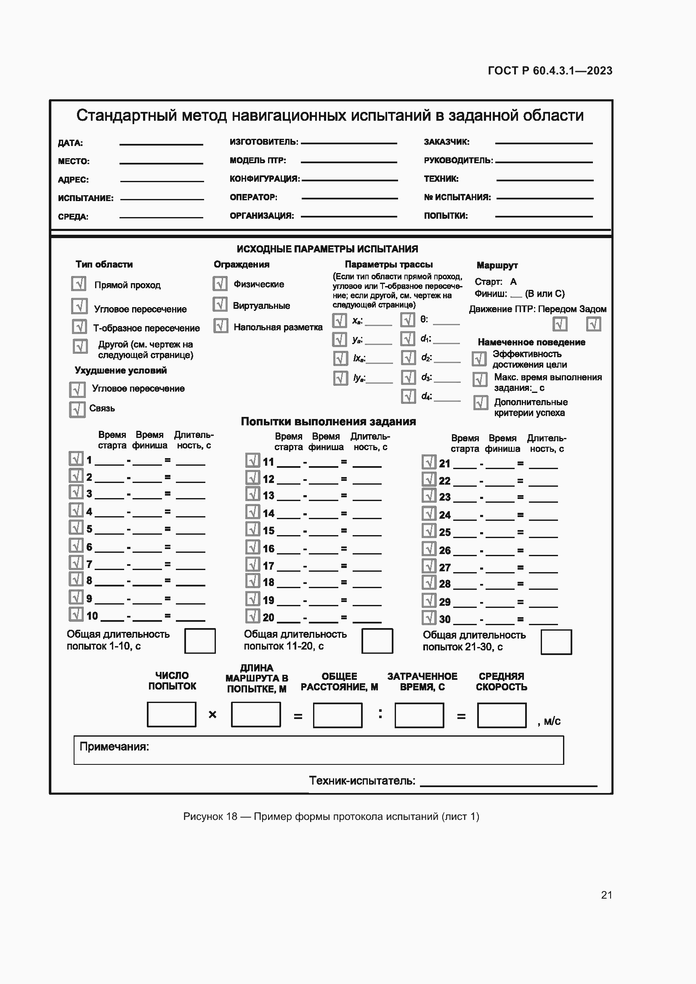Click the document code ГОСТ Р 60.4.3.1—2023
(550, 71)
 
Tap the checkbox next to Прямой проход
(79, 284)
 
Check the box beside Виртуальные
(220, 305)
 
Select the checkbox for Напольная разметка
(221, 326)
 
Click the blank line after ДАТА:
(161, 144)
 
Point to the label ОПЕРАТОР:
(253, 197)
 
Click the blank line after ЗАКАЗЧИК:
(543, 143)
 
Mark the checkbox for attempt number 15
(253, 529)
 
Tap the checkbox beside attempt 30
(429, 618)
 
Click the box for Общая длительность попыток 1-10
(200, 641)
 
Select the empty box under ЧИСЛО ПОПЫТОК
(171, 714)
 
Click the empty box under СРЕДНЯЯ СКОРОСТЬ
(502, 715)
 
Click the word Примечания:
(114, 747)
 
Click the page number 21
(606, 895)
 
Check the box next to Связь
(77, 410)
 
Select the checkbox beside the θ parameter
(408, 320)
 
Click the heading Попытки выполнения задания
(328, 422)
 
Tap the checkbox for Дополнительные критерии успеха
(481, 403)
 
